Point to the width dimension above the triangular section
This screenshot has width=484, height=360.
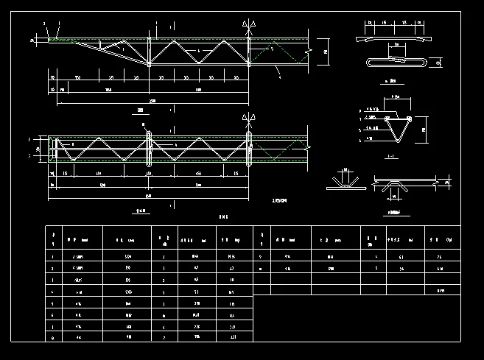pos(396,96)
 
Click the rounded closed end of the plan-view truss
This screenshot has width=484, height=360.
pos(52,148)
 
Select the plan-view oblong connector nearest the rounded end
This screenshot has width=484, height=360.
pos(150,148)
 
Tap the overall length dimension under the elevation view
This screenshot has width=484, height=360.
pos(152,100)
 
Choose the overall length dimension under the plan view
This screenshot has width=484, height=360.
pos(150,196)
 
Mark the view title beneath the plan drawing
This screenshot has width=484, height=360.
pos(144,209)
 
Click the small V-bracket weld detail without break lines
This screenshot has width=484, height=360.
pos(344,180)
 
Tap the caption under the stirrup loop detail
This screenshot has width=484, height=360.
pos(392,81)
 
